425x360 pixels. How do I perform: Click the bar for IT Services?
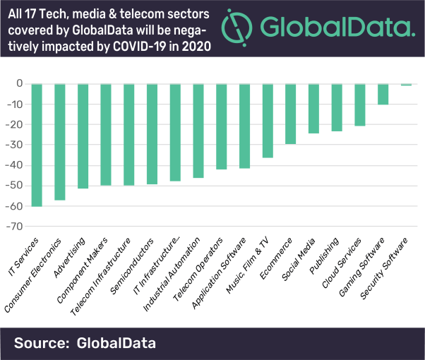37,145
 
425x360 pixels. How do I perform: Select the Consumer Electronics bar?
60,142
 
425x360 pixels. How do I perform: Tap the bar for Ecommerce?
290,114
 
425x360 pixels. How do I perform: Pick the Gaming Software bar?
383,94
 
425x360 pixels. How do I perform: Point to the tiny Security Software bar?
406,85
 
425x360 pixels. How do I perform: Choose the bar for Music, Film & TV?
268,120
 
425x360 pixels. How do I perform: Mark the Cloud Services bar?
360,104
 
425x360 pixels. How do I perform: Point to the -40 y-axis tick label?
16,165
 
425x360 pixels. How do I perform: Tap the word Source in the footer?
40,343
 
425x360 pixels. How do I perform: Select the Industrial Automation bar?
198,131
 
